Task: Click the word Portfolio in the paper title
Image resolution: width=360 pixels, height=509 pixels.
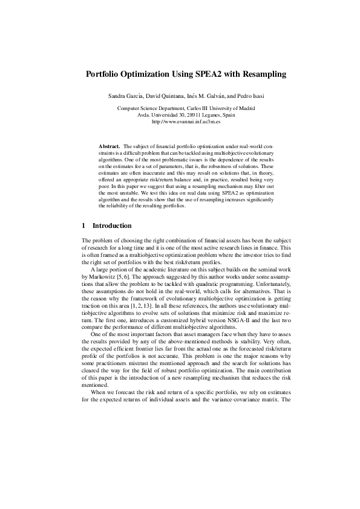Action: (106, 75)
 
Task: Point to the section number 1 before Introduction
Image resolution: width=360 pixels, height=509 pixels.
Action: (83, 226)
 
